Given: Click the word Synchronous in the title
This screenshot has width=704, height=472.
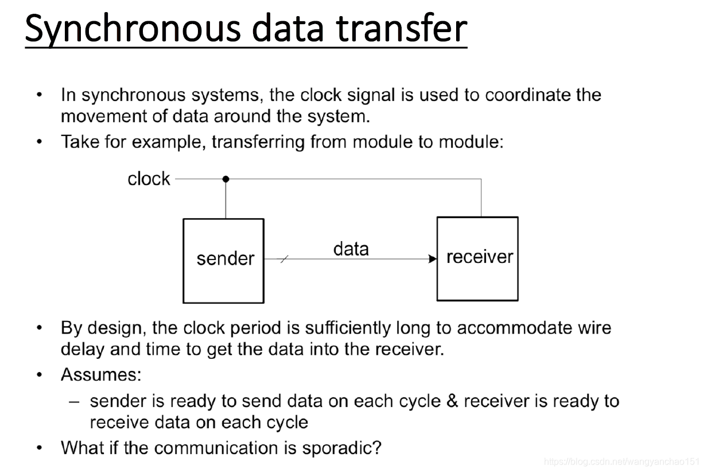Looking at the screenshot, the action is coord(133,29).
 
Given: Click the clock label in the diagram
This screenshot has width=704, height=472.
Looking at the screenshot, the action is coord(149,179).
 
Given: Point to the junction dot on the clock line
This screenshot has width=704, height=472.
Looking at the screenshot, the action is coord(225,179).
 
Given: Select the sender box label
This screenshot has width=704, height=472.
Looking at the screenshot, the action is coord(225,258).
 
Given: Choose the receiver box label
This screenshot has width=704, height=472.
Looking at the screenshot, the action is coord(480,257).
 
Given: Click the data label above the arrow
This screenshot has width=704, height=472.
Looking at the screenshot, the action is coord(351,249).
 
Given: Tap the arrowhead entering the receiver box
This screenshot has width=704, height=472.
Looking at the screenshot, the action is coord(433,259).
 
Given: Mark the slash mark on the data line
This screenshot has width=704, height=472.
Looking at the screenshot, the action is coord(284,259).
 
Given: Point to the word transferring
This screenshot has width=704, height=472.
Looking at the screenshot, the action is coord(258,142).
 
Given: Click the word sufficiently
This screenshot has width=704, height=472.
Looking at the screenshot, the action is coord(348,328).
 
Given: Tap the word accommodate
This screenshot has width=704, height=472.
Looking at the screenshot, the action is coord(514,328).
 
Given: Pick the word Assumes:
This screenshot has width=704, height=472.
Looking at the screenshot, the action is coord(101,374).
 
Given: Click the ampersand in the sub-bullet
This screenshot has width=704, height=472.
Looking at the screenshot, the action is coord(452,401).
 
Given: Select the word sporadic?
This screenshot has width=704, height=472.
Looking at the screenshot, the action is coord(341,448).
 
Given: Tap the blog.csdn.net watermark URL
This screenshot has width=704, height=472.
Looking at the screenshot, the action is coord(621,462).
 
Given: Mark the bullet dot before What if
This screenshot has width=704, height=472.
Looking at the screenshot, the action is coord(39,447).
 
